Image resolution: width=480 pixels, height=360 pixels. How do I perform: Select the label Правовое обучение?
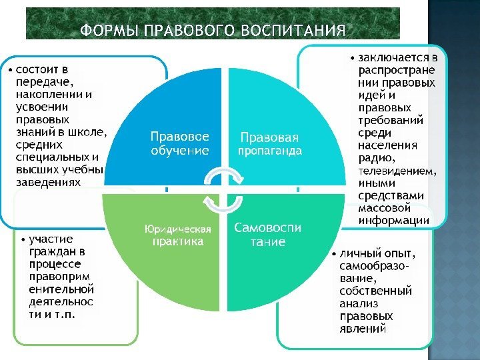click(179, 143)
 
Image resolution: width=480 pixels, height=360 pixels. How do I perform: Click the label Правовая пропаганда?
click(270, 144)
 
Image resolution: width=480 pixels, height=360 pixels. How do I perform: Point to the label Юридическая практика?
click(178, 235)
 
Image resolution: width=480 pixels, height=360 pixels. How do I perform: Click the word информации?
click(394, 220)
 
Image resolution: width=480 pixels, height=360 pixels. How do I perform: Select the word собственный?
click(375, 291)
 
